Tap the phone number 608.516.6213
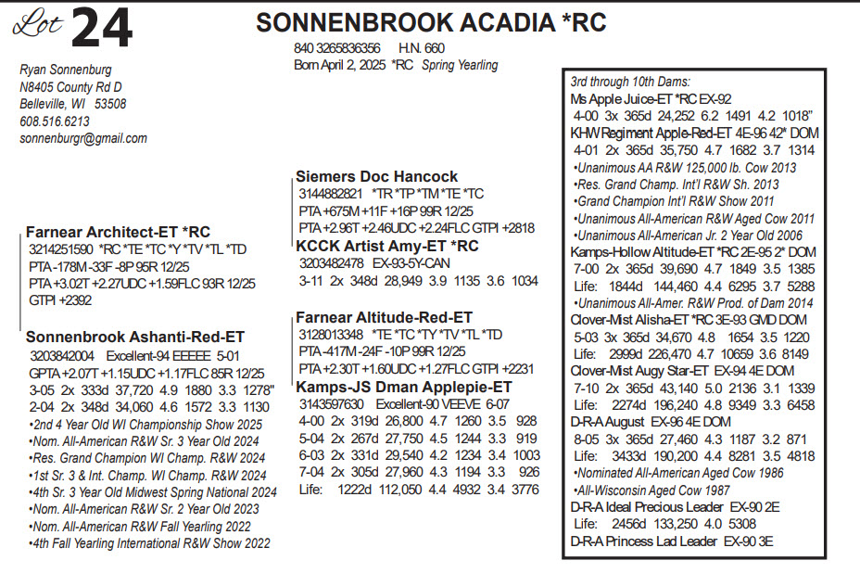click(x=55, y=121)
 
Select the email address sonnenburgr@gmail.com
click(x=83, y=139)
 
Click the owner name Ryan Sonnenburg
click(x=65, y=70)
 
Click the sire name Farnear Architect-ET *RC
click(x=118, y=233)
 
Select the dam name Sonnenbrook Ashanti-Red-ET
click(x=135, y=338)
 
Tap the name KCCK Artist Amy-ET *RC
click(x=386, y=246)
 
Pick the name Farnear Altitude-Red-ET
click(x=384, y=317)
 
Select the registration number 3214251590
click(x=61, y=249)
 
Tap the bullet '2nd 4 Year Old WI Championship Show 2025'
click(x=145, y=423)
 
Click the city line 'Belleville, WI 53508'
click(x=73, y=105)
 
